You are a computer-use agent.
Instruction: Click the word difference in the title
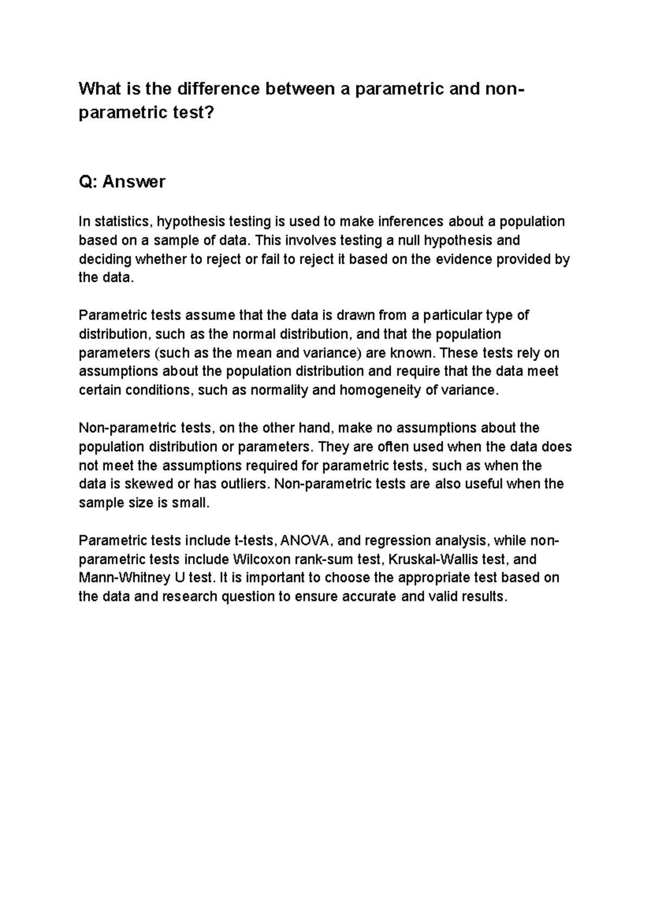[x=218, y=89]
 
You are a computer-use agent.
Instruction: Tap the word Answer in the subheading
[x=133, y=182]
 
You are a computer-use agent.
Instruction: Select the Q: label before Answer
[x=88, y=182]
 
